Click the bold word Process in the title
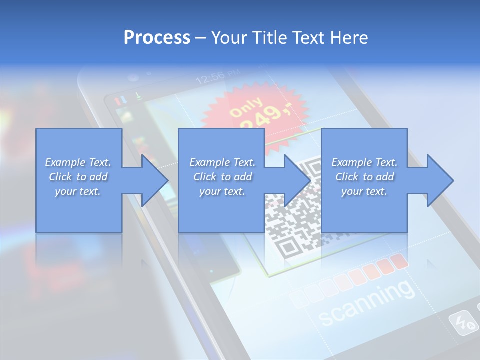click(x=157, y=37)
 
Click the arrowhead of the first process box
click(x=155, y=180)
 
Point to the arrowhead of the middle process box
click(x=297, y=180)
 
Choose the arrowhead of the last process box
click(x=440, y=180)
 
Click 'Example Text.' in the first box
click(x=78, y=162)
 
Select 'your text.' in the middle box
click(x=222, y=191)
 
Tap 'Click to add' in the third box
click(x=364, y=177)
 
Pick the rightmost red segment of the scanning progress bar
click(x=399, y=261)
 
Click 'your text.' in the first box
click(x=78, y=191)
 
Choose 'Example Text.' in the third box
click(x=364, y=162)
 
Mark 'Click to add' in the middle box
click(x=222, y=177)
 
